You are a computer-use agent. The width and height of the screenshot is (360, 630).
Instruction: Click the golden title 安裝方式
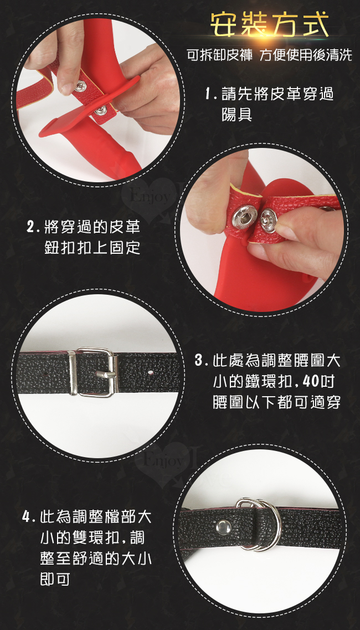click(269, 25)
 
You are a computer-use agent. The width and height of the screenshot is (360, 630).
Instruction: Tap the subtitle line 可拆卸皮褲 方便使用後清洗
click(269, 54)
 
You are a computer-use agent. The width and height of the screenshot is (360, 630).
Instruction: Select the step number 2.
click(30, 227)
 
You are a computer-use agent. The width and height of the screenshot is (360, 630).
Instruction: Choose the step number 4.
click(27, 517)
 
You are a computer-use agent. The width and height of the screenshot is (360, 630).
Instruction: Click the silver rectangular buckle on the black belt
click(93, 372)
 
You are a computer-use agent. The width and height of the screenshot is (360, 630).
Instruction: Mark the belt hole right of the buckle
click(150, 372)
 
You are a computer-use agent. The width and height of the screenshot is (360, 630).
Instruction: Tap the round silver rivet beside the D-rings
click(223, 527)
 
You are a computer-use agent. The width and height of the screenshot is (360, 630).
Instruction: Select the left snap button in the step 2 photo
click(244, 217)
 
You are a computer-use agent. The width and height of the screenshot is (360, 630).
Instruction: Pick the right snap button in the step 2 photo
click(269, 220)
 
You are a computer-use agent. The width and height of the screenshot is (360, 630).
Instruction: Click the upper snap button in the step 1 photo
click(81, 86)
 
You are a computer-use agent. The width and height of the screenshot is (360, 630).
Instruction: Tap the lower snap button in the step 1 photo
click(100, 110)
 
